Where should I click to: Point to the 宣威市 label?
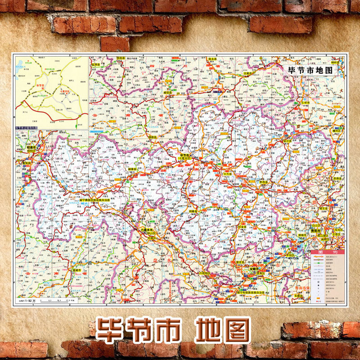[77, 270]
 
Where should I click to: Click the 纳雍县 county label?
[193, 211]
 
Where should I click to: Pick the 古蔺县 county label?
[250, 73]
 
